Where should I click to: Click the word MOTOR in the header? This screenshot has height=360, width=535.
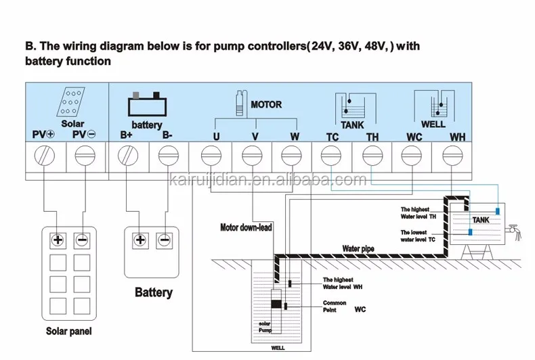click(266, 105)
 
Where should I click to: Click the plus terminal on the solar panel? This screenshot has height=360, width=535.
click(58, 240)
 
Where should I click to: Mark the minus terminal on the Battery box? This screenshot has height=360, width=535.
click(163, 240)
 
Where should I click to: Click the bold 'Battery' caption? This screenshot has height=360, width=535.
click(154, 293)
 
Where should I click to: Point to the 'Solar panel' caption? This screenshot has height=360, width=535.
click(68, 332)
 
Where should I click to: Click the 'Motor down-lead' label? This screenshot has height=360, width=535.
click(246, 227)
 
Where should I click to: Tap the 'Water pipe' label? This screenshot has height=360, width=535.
click(358, 248)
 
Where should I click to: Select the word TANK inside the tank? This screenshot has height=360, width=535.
click(480, 220)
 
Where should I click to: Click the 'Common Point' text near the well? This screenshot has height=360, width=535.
click(334, 305)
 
